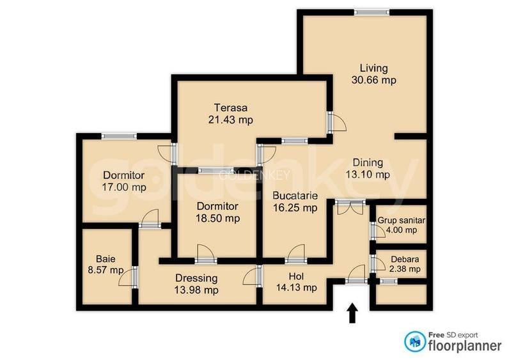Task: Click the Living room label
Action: (x=373, y=68)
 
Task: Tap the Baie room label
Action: (x=106, y=259)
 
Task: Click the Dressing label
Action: (x=197, y=278)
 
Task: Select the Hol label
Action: (x=295, y=276)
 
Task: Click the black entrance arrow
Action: (x=352, y=314)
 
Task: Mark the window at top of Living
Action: (x=372, y=12)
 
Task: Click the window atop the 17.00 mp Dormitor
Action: (x=119, y=136)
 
